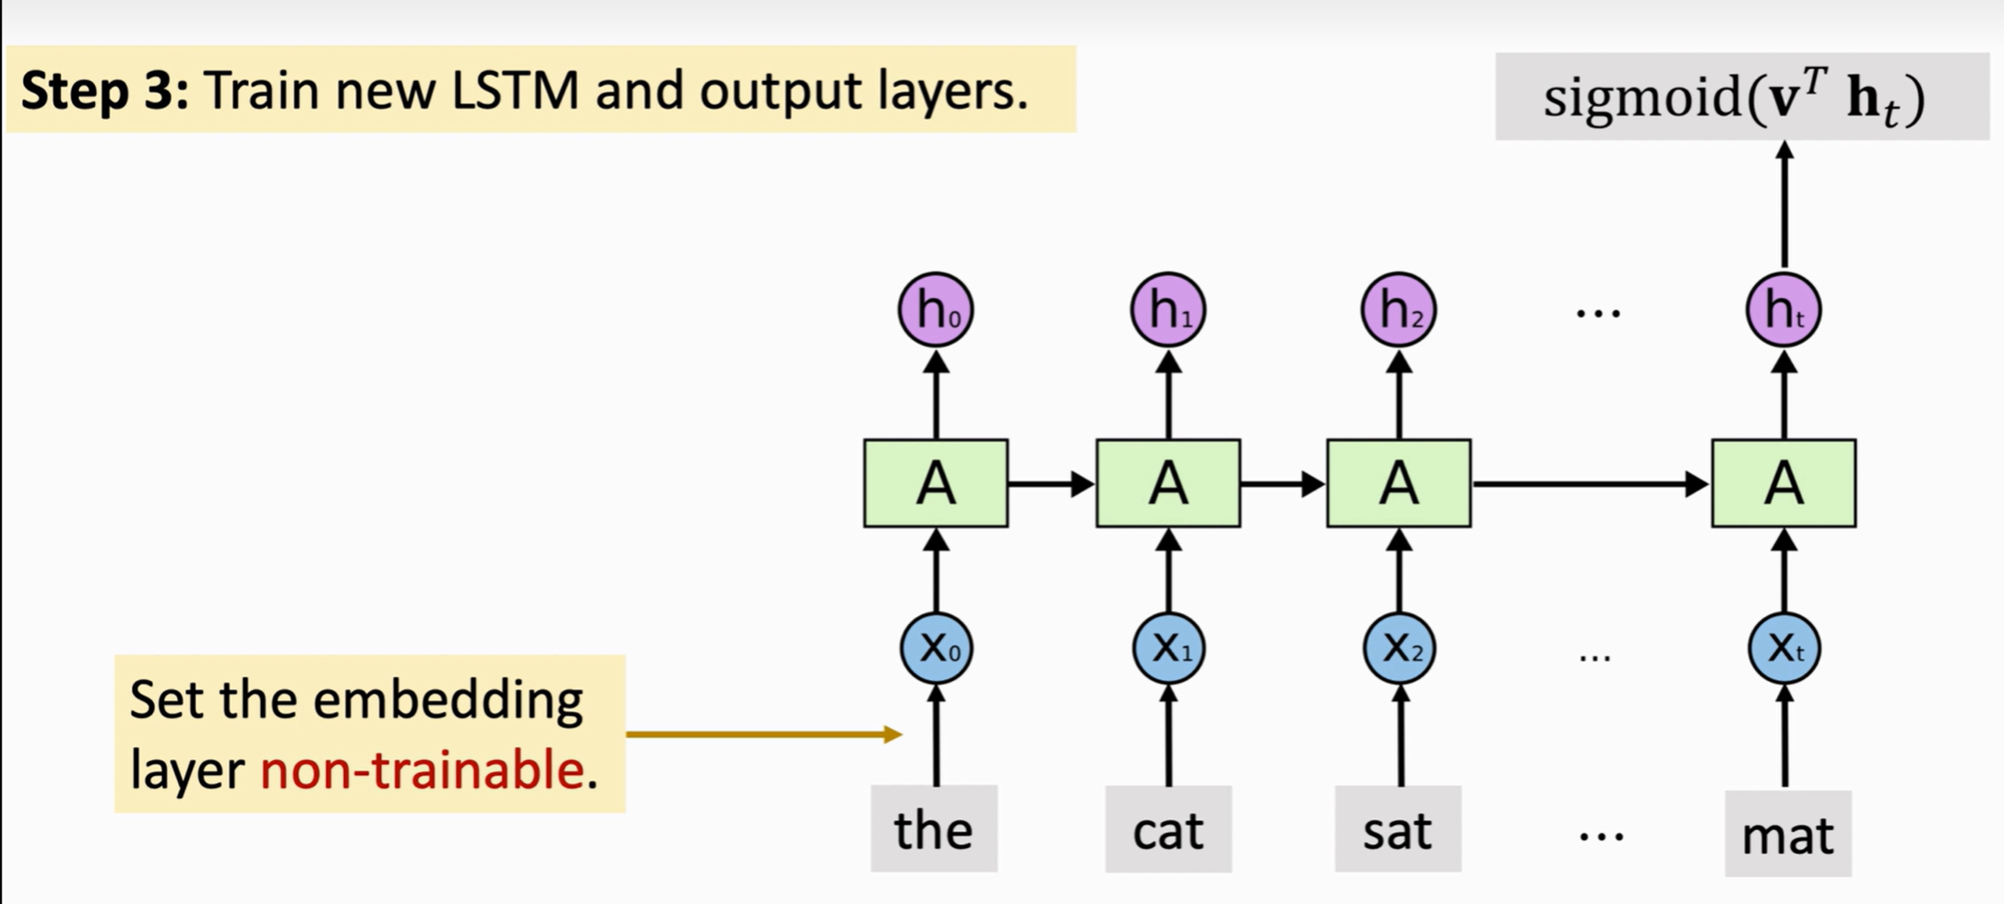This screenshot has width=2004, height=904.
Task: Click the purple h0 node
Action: [936, 310]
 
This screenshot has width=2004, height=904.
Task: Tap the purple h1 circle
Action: [1168, 310]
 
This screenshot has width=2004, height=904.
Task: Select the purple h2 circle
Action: [1399, 310]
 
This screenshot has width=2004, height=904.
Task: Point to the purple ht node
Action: [1783, 310]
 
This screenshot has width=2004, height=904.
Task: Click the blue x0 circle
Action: [936, 648]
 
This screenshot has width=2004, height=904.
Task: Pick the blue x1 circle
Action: [1168, 648]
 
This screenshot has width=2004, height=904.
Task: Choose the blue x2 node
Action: [1399, 648]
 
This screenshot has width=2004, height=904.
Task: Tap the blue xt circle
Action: [1783, 648]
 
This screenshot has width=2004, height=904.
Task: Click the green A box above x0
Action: [936, 483]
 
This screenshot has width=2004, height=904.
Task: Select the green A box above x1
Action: [1168, 483]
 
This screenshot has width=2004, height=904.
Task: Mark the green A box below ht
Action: [1783, 483]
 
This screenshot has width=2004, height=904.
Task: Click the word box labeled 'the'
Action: [934, 828]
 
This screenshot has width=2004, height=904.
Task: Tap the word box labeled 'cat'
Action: [1168, 828]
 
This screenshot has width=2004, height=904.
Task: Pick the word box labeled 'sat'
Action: [1398, 828]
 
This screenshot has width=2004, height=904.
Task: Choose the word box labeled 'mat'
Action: [1788, 834]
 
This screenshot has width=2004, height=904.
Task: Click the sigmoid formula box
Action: [1741, 97]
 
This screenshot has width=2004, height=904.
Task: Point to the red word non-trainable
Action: [422, 769]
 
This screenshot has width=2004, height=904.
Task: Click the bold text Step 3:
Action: [105, 90]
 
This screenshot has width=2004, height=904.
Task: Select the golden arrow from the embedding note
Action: [762, 734]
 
